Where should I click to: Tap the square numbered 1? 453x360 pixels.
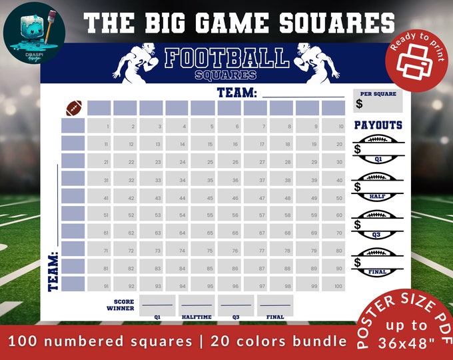point(99,126)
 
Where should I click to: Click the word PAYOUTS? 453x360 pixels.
point(378,125)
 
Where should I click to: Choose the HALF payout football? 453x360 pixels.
point(378,187)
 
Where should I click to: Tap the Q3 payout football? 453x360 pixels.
point(378,225)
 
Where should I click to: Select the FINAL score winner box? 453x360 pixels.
point(274,305)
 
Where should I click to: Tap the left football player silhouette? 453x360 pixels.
point(138,63)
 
